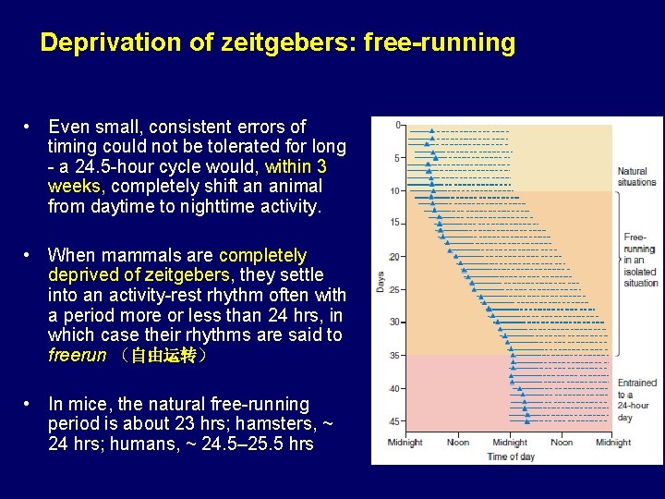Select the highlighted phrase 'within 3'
tap(296, 166)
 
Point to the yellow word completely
tap(262, 255)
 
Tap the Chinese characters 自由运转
tap(164, 356)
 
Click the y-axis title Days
tap(380, 281)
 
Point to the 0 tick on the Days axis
tap(398, 125)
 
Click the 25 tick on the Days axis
tap(395, 289)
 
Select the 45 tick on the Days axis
tap(395, 421)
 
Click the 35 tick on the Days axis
tap(395, 356)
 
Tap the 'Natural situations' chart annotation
tap(636, 176)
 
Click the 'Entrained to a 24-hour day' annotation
tap(637, 399)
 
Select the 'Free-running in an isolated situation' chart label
tap(639, 260)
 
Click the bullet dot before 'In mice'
tap(30, 405)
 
